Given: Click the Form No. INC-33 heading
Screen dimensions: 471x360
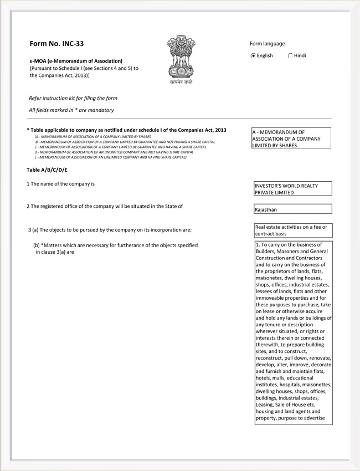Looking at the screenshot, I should tap(57, 43).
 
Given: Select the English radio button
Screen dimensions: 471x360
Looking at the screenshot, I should tap(253, 55).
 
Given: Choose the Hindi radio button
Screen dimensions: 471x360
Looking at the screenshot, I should tap(290, 55).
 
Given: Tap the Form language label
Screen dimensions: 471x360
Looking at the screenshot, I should tap(267, 44).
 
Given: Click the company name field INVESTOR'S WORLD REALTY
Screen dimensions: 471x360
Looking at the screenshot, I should tap(292, 189).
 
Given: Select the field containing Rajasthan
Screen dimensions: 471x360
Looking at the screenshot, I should tap(292, 209).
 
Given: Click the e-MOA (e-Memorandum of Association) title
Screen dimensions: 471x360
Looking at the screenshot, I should tap(76, 60).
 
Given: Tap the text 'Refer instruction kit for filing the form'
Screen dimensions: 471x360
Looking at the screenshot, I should tap(73, 98).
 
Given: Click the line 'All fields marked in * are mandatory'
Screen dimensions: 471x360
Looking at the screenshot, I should tap(71, 110).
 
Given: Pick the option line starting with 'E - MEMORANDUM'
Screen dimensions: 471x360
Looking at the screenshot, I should tap(110, 157).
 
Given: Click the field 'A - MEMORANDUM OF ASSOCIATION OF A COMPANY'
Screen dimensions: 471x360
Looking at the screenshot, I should tap(291, 139).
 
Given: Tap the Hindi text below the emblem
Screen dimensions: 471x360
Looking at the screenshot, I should tap(182, 82).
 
